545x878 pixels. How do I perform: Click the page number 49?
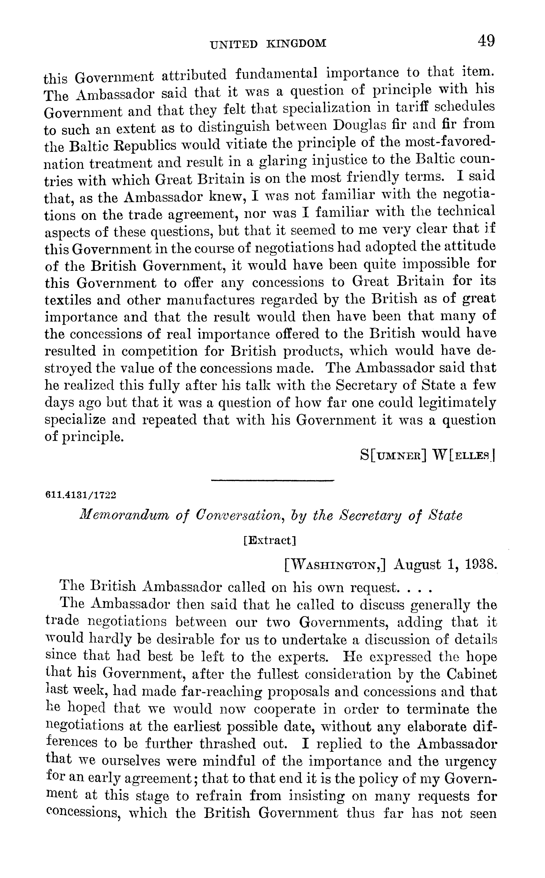[x=486, y=41]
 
